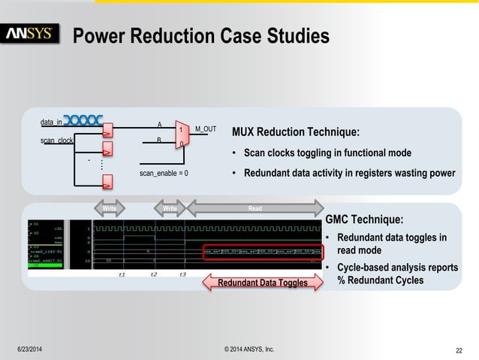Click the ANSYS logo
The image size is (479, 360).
30,35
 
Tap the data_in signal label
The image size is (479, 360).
52,122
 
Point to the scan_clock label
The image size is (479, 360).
56,141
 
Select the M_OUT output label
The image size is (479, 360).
205,129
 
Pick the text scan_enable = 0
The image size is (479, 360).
164,174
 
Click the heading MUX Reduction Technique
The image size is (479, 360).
296,133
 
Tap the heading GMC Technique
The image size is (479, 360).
364,219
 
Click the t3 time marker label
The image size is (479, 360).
182,275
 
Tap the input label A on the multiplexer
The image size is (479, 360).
159,125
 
